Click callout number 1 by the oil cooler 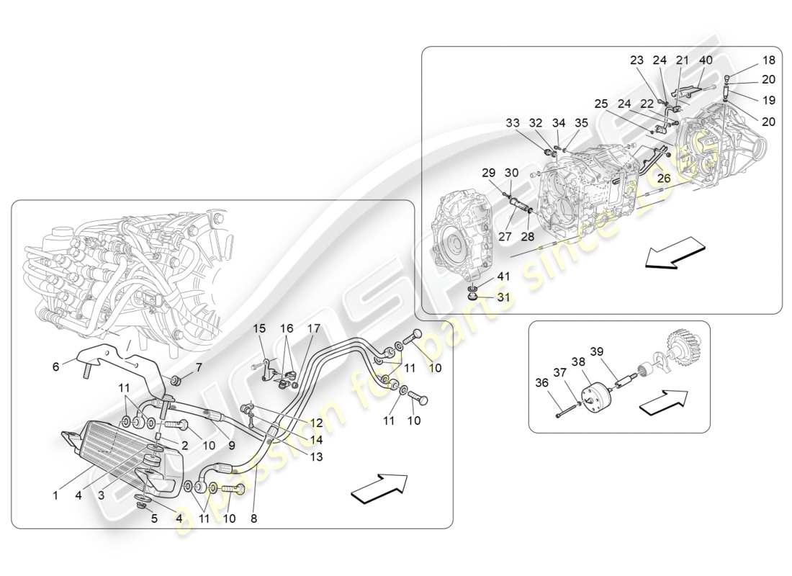coord(55,495)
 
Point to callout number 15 coord(259,328)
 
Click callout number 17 coord(314,328)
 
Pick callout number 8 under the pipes coord(254,517)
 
